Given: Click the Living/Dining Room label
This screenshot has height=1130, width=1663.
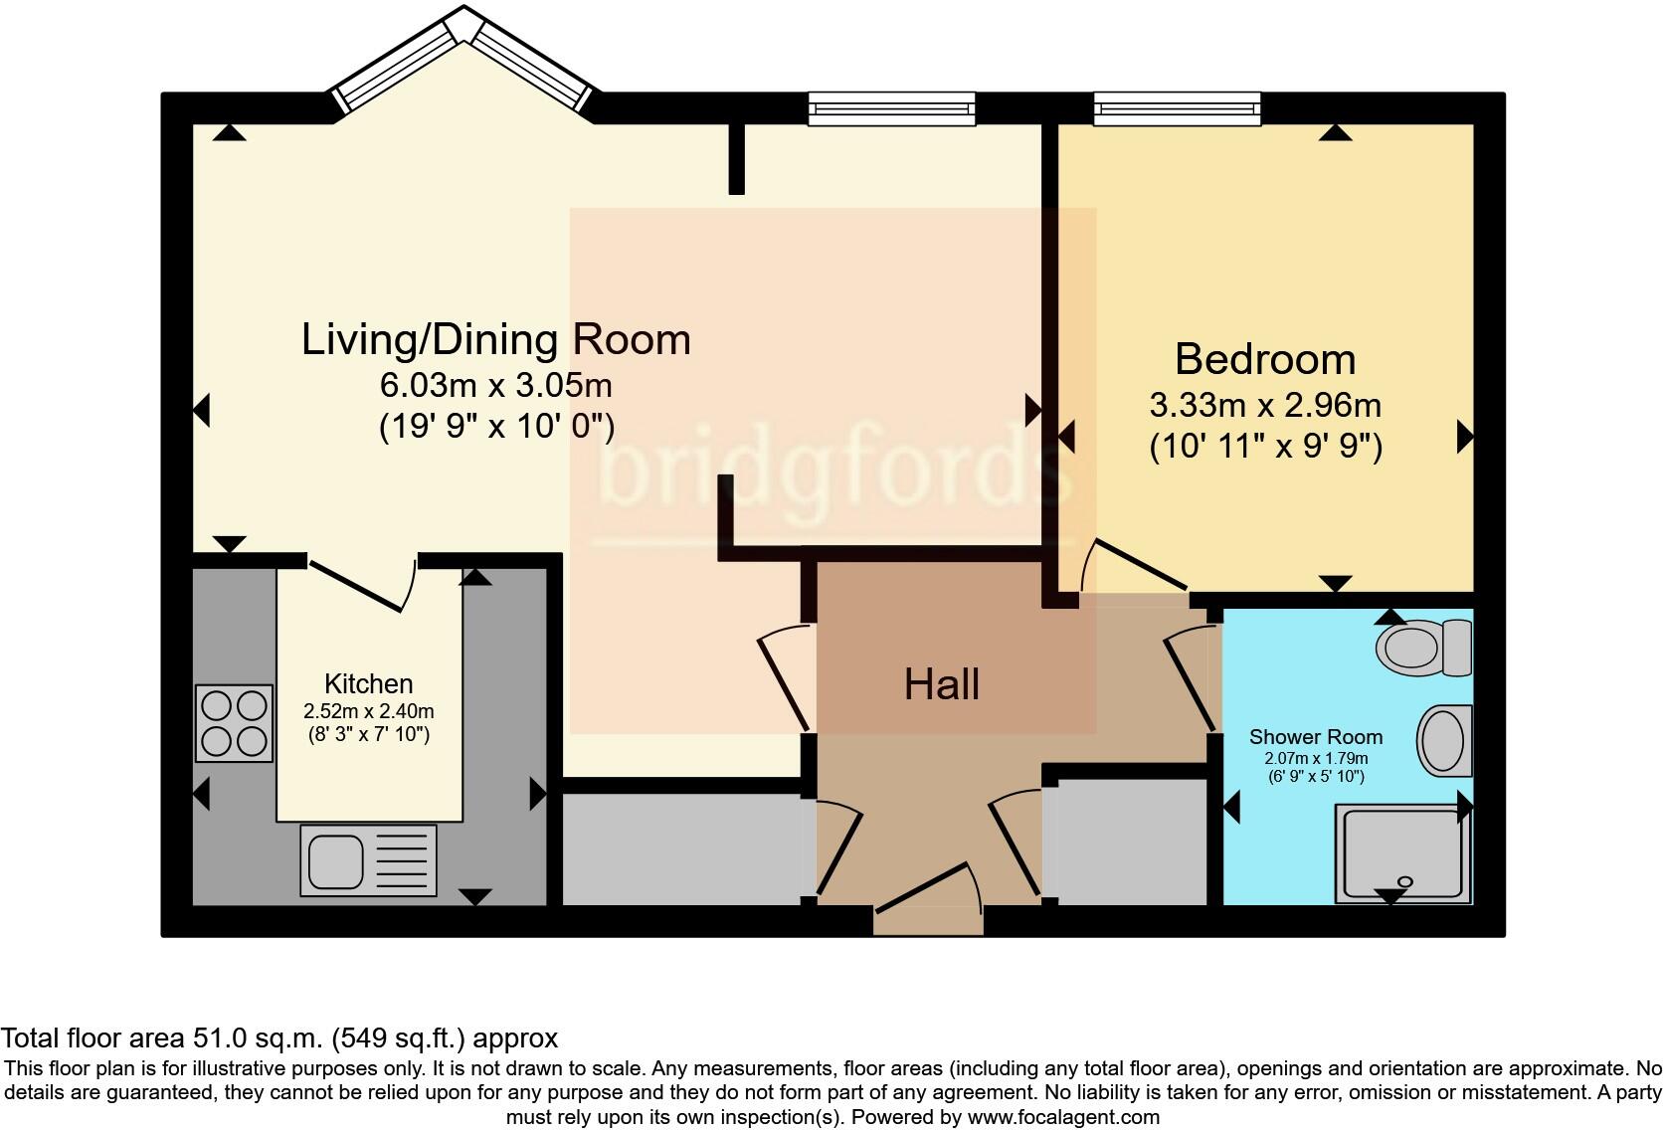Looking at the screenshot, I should [495, 340].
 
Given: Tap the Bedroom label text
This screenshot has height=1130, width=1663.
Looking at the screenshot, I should [1264, 359].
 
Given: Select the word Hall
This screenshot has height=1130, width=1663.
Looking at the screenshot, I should [942, 684].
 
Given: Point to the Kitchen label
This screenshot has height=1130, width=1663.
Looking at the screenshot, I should [368, 683].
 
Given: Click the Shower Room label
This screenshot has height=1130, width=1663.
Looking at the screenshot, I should [1315, 737].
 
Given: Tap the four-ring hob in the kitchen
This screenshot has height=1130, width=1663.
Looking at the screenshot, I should [234, 723].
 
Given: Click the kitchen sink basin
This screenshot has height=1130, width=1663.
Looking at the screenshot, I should [335, 861].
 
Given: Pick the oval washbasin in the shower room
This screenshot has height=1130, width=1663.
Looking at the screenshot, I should [1441, 741].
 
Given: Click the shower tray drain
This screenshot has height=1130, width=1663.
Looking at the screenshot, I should [1405, 881].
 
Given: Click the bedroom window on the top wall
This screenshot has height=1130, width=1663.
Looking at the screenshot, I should [1177, 107].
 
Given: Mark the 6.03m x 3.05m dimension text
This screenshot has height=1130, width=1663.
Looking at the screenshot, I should [495, 385].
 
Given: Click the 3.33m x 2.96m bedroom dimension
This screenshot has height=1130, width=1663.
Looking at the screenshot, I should [1264, 405].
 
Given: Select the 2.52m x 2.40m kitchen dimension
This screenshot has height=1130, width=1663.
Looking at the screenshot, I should [368, 712].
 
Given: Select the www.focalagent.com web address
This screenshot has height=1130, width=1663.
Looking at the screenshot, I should [1063, 1117].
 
